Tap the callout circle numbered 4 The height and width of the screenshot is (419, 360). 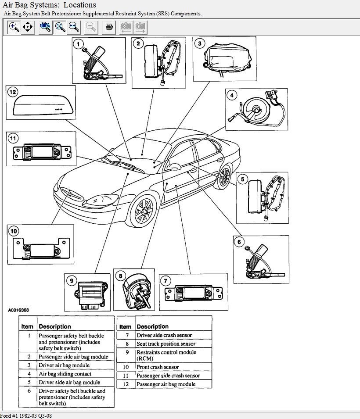click(231, 95)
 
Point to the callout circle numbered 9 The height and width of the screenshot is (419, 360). click(71, 279)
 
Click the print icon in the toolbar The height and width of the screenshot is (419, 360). click(109, 27)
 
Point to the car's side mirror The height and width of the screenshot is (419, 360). click(173, 166)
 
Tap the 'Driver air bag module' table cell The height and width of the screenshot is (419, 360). click(64, 365)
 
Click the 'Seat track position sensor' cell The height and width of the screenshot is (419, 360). click(166, 344)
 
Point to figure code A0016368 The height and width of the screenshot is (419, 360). click(18, 310)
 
